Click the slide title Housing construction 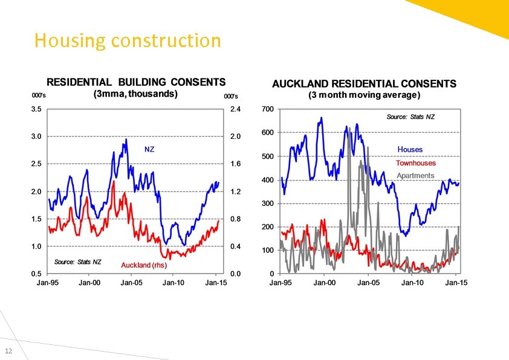click(128, 40)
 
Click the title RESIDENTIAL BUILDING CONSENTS click(136, 82)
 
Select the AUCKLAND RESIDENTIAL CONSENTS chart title click(364, 84)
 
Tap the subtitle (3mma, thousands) click(135, 94)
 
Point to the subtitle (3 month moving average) click(364, 95)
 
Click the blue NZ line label click(149, 149)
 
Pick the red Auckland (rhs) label click(144, 265)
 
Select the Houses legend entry click(410, 149)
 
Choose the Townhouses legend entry click(415, 162)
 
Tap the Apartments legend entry click(415, 176)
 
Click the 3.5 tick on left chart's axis click(36, 109)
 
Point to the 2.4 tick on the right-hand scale click(236, 109)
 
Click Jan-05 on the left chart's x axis click(132, 283)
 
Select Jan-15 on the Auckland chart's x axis click(456, 283)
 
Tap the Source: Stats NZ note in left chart click(77, 262)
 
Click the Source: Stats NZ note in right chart click(410, 117)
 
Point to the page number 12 click(8, 352)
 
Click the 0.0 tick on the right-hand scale click(236, 274)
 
